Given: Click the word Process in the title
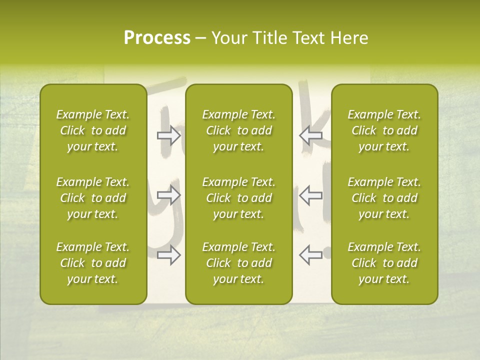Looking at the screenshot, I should pyautogui.click(x=157, y=38).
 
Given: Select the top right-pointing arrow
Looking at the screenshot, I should pyautogui.click(x=169, y=135).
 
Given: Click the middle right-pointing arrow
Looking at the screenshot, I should pyautogui.click(x=169, y=195).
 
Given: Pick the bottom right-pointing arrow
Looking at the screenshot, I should pyautogui.click(x=169, y=255).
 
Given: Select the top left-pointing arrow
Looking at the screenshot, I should pyautogui.click(x=310, y=135).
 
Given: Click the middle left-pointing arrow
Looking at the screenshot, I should pyautogui.click(x=310, y=195).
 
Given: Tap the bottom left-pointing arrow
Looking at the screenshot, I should pyautogui.click(x=310, y=255).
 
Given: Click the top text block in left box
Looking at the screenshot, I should pyautogui.click(x=93, y=130).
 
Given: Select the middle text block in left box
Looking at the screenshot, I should pyautogui.click(x=93, y=198).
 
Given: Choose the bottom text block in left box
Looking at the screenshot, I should pyautogui.click(x=93, y=263).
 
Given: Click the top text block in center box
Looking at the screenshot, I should pyautogui.click(x=238, y=130).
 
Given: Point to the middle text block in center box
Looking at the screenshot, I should pyautogui.click(x=238, y=198).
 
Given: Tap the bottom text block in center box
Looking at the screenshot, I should pyautogui.click(x=238, y=263).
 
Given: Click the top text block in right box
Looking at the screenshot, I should pyautogui.click(x=384, y=130).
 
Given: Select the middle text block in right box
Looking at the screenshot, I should pyautogui.click(x=384, y=198).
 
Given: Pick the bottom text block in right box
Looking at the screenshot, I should pyautogui.click(x=384, y=263).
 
